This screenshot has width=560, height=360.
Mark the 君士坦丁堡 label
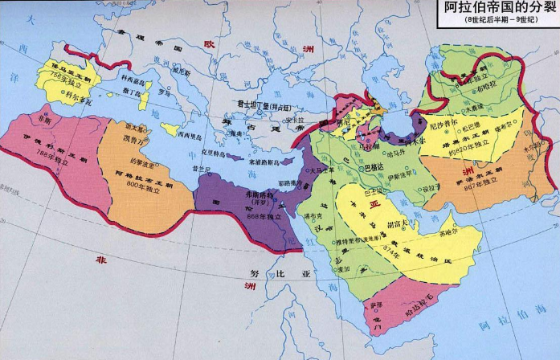point(253,104)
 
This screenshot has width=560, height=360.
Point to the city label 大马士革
point(320,170)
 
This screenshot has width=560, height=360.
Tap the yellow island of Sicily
point(171,128)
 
